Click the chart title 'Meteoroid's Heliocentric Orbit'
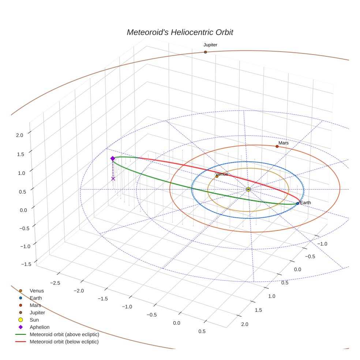tap(180, 32)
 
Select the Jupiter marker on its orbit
tap(205, 52)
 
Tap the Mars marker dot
tap(277, 146)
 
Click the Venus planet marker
tap(217, 176)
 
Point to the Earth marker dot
tap(297, 203)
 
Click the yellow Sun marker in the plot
tap(248, 189)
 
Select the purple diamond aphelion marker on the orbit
tap(113, 158)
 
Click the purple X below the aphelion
tap(113, 179)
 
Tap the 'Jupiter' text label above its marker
tap(210, 45)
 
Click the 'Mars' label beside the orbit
tap(283, 143)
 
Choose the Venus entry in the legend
tap(37, 291)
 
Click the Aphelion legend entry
tap(39, 327)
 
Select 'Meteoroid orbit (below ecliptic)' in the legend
tap(64, 342)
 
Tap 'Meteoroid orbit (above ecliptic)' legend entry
tap(64, 335)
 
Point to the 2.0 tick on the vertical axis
tap(19, 135)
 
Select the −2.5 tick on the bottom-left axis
tap(55, 283)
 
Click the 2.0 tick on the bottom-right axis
tap(244, 324)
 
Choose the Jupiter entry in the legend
tap(37, 313)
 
